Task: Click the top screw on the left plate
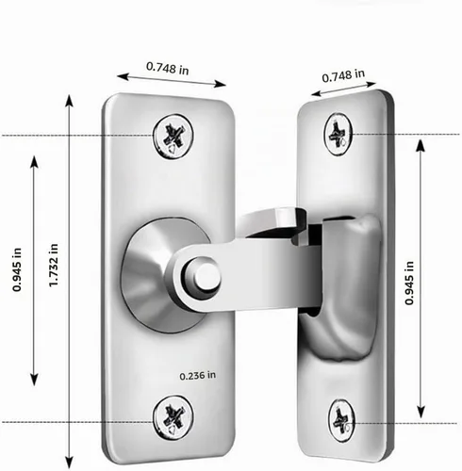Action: [x=173, y=137]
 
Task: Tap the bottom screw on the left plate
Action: [x=173, y=418]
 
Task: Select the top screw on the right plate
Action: [x=338, y=134]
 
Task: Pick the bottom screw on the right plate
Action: [x=341, y=421]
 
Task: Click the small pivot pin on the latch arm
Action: [x=206, y=276]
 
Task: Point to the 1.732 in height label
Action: [x=54, y=265]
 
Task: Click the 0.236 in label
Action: [x=198, y=376]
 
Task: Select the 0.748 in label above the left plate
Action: [x=168, y=69]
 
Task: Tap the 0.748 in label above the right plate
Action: [x=343, y=75]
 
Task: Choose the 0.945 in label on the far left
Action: [x=17, y=269]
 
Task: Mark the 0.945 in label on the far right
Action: [x=409, y=283]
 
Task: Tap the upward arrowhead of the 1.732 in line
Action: [x=70, y=101]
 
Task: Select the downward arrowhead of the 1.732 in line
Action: [x=70, y=463]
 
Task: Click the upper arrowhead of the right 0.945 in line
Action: [x=421, y=146]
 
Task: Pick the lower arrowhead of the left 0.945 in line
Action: [x=34, y=380]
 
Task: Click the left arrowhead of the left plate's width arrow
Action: [x=124, y=76]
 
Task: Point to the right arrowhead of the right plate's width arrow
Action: [x=371, y=84]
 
